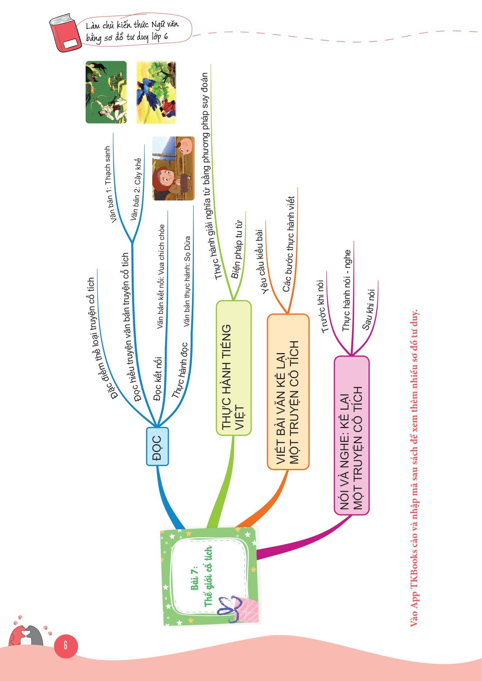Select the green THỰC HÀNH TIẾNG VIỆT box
pos(233,368)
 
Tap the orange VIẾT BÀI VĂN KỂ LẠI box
pos(288,392)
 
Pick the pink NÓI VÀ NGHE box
pos(352,435)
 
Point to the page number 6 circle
pos(66,645)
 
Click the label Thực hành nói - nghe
pos(346,290)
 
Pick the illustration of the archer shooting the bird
pos(106,92)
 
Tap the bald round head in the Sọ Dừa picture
pos(186,146)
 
